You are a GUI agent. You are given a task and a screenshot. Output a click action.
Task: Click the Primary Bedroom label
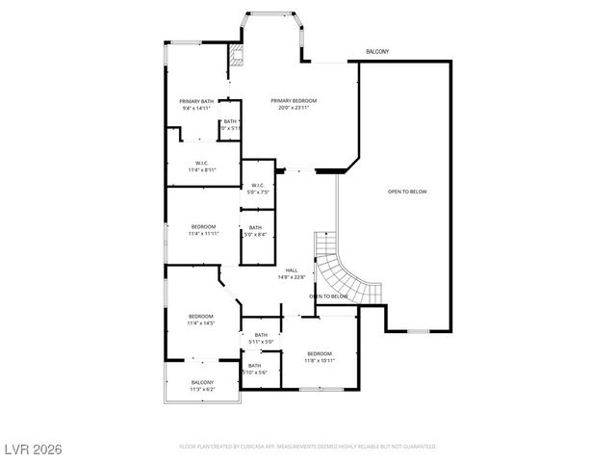coord(294,100)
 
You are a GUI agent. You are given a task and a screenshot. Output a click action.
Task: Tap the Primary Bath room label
coord(196,101)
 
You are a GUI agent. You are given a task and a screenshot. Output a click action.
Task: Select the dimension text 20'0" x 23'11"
coord(294,108)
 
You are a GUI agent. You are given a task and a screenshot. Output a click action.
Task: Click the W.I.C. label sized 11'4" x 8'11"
coord(202,163)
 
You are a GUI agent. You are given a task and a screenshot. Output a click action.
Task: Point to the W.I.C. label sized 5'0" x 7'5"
coord(258,185)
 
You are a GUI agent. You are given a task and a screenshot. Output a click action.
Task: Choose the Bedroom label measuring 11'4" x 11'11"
coord(202,226)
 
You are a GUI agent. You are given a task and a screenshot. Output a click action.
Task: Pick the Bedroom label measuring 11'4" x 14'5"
coord(200,317)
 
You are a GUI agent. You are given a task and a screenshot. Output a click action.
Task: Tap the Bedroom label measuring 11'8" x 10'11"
coord(320,353)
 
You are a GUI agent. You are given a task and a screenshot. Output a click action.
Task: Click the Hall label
coord(292,269)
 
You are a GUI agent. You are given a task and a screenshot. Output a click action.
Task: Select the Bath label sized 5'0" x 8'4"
coord(254,227)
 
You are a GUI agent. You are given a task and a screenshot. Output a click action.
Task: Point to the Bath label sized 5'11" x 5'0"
coord(261,334)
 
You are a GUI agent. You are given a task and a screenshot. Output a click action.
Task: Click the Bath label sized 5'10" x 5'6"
coord(255,365)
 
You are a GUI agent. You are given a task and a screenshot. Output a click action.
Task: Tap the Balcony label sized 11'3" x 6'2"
coord(202,382)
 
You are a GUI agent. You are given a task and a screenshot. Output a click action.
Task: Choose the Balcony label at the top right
coord(377,51)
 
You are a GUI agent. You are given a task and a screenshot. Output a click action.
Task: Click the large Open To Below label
coord(407,192)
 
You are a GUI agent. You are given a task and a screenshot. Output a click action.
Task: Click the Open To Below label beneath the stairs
coord(328,296)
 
